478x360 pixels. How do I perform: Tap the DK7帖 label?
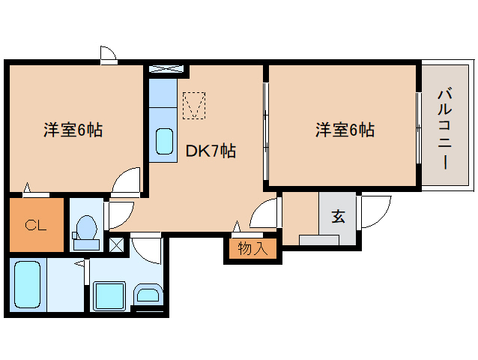pos(211,151)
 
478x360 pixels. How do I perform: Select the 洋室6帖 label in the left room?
pos(73,130)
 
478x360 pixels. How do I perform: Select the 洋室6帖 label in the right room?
pos(345,130)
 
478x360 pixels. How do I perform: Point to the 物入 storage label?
pos(252,248)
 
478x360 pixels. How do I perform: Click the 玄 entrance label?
pos(338,217)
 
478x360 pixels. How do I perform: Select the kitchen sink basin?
pos(163,142)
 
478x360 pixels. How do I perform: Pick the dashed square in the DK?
pos(194,105)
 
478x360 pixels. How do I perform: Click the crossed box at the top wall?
pos(166,70)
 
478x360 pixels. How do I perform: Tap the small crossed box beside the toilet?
pos(117,243)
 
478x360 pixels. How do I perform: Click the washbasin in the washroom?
pos(148,295)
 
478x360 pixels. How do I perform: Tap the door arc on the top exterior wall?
pos(108,54)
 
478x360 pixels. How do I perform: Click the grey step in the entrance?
pos(319,240)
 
